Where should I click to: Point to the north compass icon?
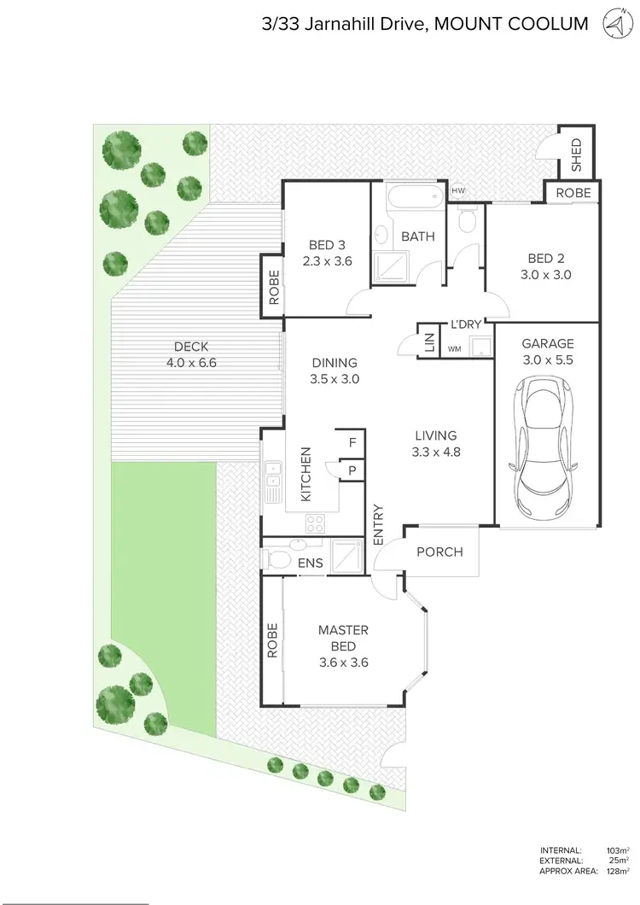613,23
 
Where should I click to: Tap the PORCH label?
439,552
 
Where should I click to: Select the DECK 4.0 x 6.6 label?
191,353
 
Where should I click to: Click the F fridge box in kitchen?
351,442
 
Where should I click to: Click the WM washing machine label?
454,348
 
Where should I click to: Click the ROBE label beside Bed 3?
274,288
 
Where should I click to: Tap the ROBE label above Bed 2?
573,193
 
